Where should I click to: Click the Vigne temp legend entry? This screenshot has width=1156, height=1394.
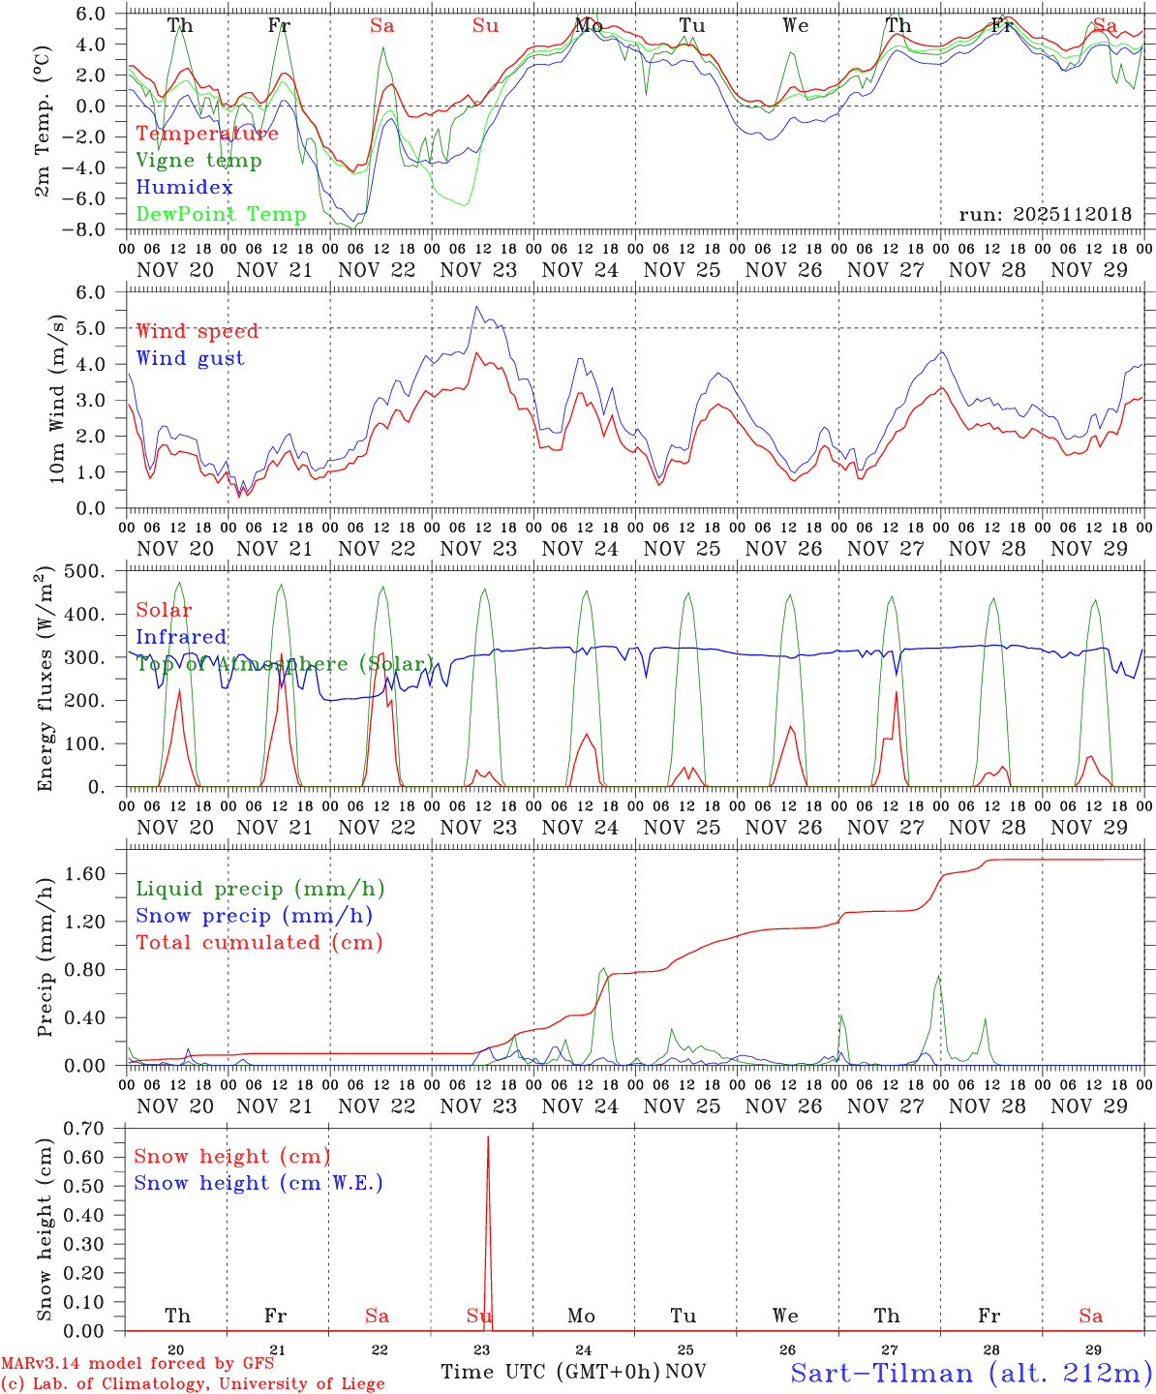click(x=198, y=161)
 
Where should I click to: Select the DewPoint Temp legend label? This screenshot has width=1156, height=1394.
click(x=221, y=215)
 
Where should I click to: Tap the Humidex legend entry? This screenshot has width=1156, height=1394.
click(x=184, y=188)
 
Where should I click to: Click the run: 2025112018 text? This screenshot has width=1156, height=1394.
click(x=1045, y=215)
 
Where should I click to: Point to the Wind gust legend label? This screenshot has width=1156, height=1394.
click(x=190, y=358)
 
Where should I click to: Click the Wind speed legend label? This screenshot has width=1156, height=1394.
click(x=198, y=331)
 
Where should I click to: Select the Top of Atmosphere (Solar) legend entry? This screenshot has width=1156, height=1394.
click(x=285, y=664)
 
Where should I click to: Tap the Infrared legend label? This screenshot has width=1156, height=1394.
click(x=181, y=637)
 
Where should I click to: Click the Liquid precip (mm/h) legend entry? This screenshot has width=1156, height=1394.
click(x=260, y=889)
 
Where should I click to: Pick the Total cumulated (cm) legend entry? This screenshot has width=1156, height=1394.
click(x=259, y=943)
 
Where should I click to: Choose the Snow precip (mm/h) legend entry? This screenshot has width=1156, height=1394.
click(x=254, y=916)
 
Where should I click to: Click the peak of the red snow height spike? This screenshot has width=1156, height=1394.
click(x=488, y=1137)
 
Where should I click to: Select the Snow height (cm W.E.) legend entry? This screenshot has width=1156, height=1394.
click(x=259, y=1183)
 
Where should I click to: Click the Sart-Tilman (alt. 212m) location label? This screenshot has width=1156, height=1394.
click(x=971, y=1373)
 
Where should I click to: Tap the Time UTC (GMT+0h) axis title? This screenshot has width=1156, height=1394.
click(x=551, y=1372)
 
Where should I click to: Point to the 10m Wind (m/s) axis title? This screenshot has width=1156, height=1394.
click(x=58, y=399)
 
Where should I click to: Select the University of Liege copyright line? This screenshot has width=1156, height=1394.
click(x=193, y=1384)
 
